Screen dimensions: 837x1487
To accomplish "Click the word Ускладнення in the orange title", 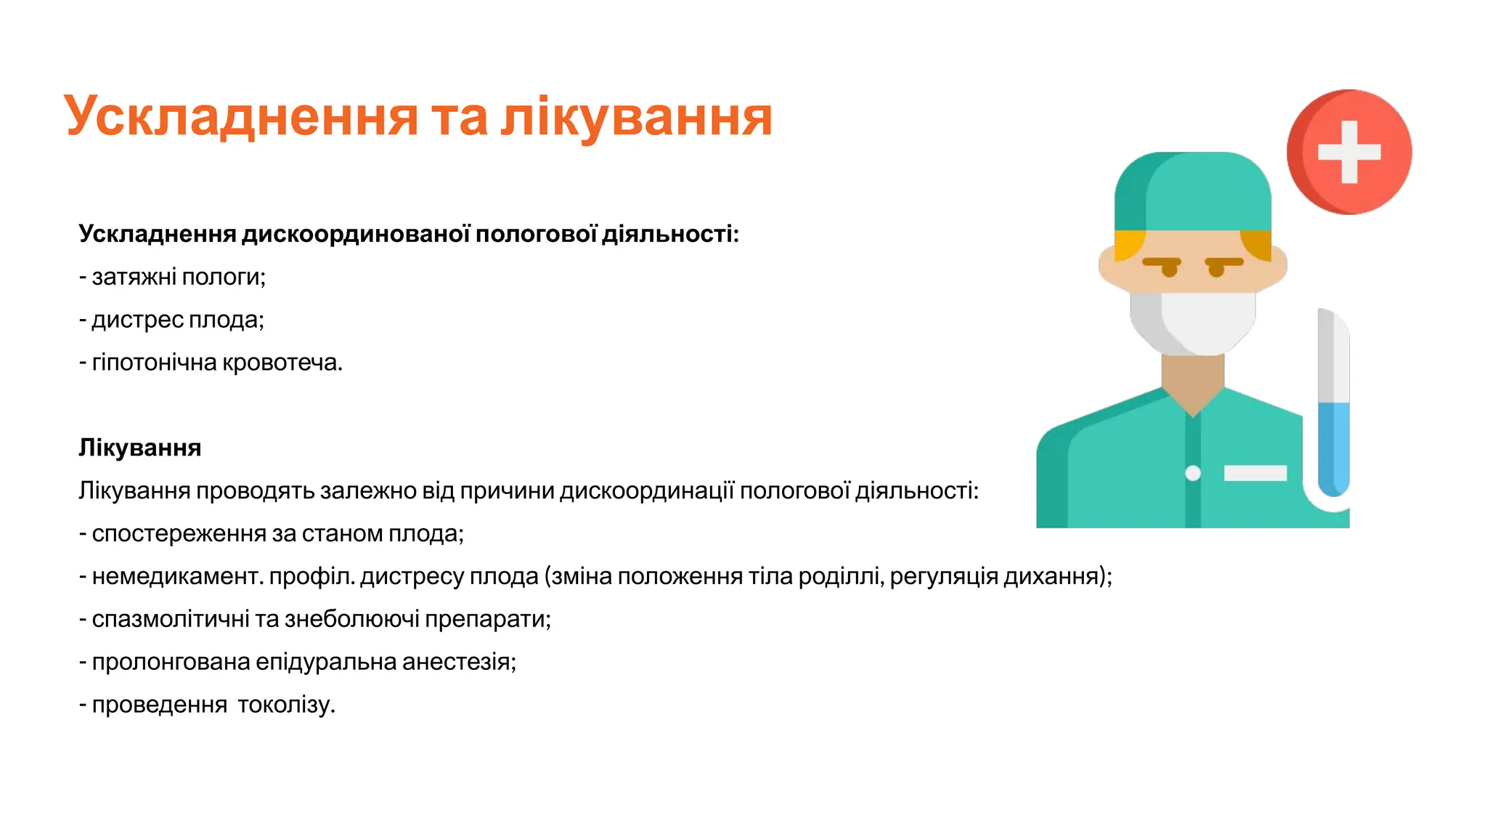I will coord(240,117).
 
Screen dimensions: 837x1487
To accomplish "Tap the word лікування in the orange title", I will coord(636,117).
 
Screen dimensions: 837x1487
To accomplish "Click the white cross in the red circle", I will coord(1349,152).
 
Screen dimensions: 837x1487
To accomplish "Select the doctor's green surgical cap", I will coord(1193,193).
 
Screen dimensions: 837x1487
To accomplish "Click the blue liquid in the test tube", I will coord(1333,447).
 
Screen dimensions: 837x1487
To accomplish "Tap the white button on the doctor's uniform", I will coord(1193,474).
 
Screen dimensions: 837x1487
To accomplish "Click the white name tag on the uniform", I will coord(1255,474).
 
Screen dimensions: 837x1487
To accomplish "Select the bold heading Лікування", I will coord(139,448).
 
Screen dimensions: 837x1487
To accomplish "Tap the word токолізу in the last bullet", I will coord(286,705).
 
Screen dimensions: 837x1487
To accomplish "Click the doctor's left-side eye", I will coord(1170,269).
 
